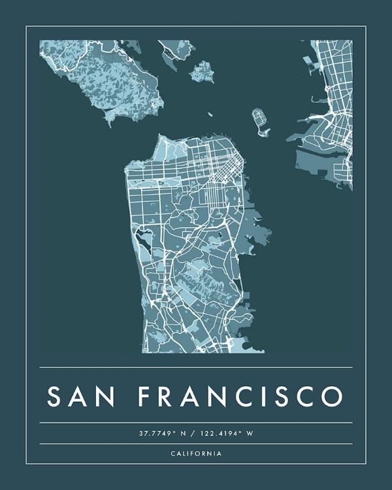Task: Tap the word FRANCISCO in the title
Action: [x=240, y=397]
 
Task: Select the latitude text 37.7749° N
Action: [x=161, y=433]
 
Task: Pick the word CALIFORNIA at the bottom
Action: [x=196, y=453]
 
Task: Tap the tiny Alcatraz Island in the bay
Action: [x=210, y=114]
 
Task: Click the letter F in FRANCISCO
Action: [x=145, y=397]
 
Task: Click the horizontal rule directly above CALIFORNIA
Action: [x=196, y=444]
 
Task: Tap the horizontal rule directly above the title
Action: [x=196, y=367]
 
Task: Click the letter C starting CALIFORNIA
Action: [x=173, y=453]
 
